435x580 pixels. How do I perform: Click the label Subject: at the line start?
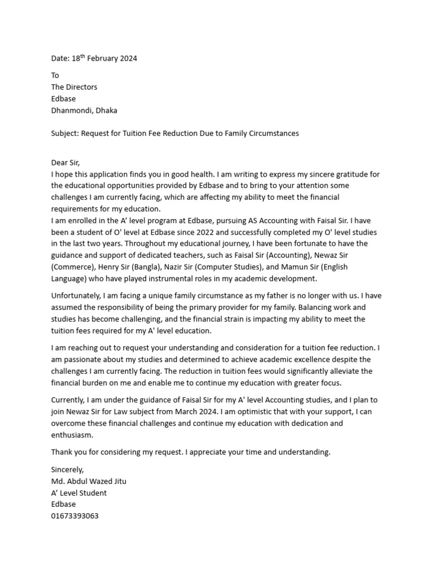click(x=65, y=134)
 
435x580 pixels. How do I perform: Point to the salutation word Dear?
click(x=59, y=163)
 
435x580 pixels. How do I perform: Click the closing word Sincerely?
click(x=67, y=470)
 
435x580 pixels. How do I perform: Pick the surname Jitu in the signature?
click(x=118, y=481)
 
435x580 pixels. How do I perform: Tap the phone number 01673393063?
click(x=75, y=516)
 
